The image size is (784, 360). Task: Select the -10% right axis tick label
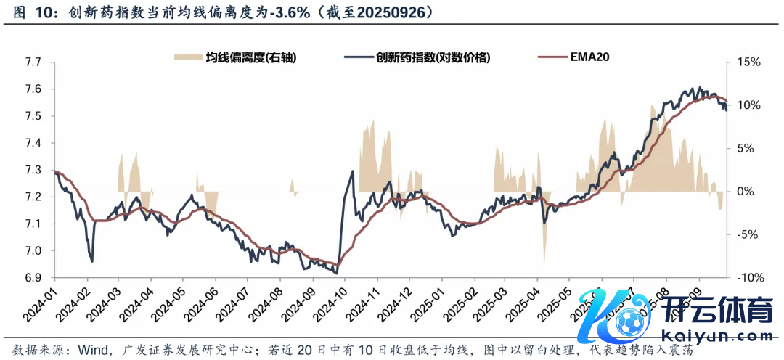[748, 278]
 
